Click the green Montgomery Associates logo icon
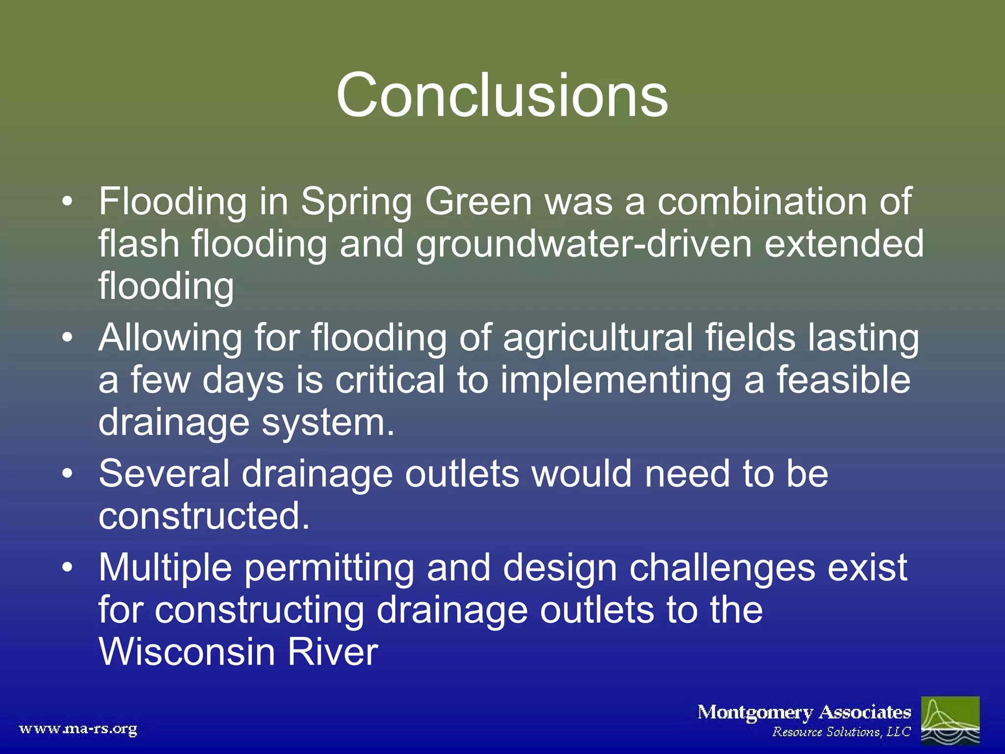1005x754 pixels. [x=950, y=720]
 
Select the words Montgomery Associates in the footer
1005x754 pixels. [x=804, y=712]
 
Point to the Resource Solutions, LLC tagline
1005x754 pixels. [x=841, y=732]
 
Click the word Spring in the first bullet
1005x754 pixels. [x=356, y=203]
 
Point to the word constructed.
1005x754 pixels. [x=204, y=516]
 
